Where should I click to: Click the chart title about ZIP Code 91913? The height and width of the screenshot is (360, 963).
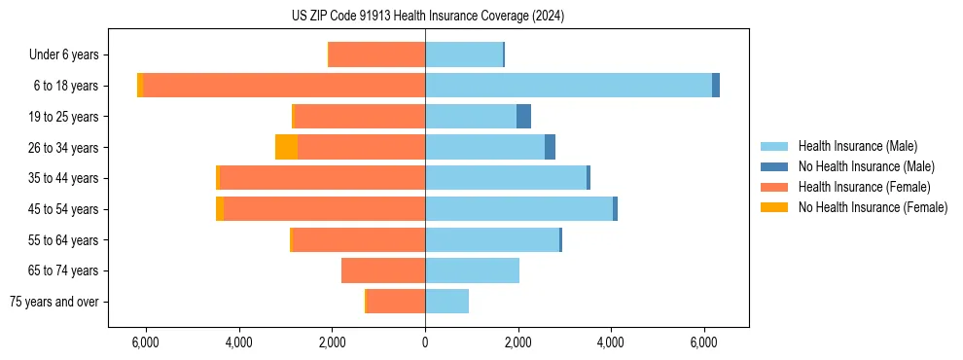coord(427,17)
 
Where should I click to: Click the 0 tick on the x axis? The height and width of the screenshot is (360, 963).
coord(425,342)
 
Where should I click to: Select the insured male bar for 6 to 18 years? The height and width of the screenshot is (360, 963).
coord(568,86)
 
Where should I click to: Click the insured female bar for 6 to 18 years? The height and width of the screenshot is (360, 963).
coord(284,86)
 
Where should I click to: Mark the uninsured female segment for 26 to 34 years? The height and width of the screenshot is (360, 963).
coord(287,147)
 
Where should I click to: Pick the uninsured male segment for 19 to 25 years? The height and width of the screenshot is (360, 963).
coord(523,117)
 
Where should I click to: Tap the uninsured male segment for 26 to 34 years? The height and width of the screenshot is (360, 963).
coord(550,147)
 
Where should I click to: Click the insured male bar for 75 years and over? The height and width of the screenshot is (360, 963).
coord(446,302)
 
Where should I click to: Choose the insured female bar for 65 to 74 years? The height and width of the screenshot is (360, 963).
coord(383,270)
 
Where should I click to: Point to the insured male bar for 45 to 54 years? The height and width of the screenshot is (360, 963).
coord(518,209)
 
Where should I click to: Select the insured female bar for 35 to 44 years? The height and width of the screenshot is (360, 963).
coord(323,178)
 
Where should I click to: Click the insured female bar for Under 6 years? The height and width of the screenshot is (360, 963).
coord(377,54)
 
